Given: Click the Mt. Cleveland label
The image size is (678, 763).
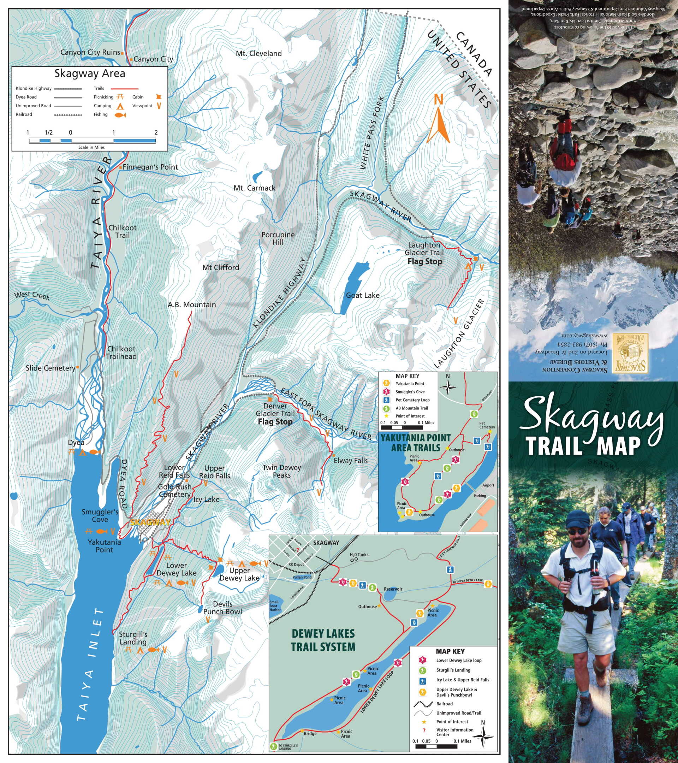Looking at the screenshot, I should [x=258, y=53].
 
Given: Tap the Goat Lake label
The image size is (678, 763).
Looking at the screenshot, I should [x=362, y=295].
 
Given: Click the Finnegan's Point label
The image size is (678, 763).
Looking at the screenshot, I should [x=150, y=167].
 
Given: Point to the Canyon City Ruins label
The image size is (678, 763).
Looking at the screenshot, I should [x=90, y=52].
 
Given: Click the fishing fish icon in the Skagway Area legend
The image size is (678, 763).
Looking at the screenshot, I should [x=120, y=115].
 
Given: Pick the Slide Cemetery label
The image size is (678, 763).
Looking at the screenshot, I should [x=50, y=368].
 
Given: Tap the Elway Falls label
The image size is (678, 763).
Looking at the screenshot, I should [x=350, y=461].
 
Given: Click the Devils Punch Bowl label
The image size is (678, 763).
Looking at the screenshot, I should [x=222, y=608].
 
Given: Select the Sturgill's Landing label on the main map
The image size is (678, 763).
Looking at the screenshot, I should [x=133, y=638].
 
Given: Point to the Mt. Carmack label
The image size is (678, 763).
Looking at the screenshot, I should [x=254, y=188].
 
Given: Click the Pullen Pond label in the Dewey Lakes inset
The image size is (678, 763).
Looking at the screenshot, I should [x=302, y=577].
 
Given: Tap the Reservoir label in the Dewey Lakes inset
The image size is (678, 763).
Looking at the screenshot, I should [x=393, y=589].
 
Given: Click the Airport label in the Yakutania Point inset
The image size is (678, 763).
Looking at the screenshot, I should [x=488, y=485].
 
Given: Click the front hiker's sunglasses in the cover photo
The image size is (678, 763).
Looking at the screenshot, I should [x=577, y=532].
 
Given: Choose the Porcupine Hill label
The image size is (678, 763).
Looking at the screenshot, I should [x=278, y=238].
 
